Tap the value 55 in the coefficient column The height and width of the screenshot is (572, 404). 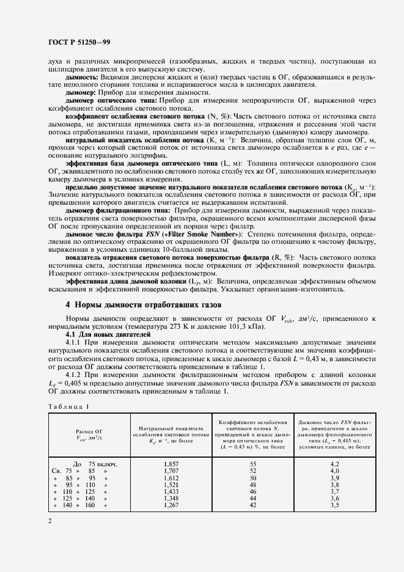tap(253, 464)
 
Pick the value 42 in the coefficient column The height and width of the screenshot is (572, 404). tap(253, 505)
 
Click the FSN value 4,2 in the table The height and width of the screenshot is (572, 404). tap(334, 464)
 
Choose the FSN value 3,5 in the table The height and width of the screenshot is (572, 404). tap(334, 505)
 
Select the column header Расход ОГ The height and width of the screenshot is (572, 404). tap(89, 431)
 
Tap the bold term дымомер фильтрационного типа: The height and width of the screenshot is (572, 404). tap(116, 210)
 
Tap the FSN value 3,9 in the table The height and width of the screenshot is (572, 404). tap(334, 478)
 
